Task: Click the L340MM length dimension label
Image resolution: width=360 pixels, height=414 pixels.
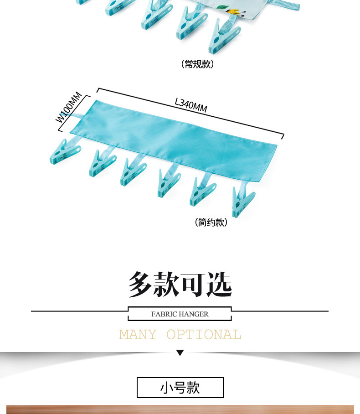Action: coord(191,106)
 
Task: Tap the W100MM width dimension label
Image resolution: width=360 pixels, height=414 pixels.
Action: coord(69,108)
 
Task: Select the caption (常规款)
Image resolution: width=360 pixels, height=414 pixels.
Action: coord(197,64)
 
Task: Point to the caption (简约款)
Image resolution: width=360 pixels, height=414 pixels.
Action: coord(211,223)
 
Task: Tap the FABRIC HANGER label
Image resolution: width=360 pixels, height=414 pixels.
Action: coord(180,314)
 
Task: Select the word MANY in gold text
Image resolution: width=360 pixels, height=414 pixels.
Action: coord(138,335)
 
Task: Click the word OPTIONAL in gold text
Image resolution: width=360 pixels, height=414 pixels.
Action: coord(204,335)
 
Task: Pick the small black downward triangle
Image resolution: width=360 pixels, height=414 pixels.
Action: coord(180,352)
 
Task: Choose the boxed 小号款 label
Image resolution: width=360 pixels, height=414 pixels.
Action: coord(180,388)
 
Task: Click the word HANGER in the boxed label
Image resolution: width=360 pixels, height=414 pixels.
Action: coord(193,314)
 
